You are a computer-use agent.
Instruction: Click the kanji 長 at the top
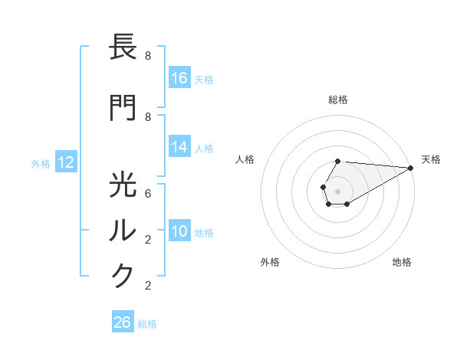(123, 47)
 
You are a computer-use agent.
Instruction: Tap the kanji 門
(123, 108)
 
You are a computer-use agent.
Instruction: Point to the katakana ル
(123, 230)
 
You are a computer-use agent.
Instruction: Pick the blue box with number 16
(179, 78)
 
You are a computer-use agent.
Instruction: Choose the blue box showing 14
(179, 148)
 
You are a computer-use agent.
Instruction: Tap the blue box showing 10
(179, 231)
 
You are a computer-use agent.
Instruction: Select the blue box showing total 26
(123, 322)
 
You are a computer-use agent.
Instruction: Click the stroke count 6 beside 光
(148, 194)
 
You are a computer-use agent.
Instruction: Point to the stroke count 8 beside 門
(148, 116)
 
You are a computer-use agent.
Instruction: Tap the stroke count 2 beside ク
(148, 286)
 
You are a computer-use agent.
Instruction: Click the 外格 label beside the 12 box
(41, 163)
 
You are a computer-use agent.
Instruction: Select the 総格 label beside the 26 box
(147, 323)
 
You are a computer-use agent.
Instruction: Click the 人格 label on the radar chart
(245, 159)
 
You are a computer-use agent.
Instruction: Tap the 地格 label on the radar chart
(402, 262)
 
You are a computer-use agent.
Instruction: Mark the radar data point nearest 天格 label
(412, 169)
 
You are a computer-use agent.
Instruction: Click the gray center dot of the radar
(337, 190)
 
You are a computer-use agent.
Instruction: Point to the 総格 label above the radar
(337, 100)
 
